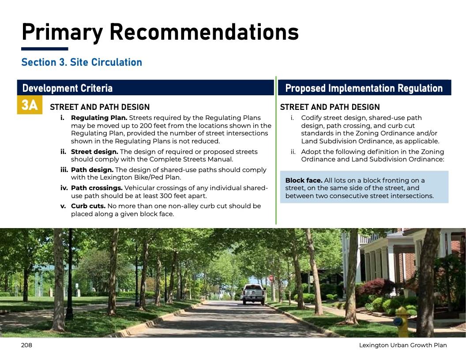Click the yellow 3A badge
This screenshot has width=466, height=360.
coord(30,105)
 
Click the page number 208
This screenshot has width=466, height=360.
coord(26,345)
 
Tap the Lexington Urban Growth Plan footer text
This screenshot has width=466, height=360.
coord(403,345)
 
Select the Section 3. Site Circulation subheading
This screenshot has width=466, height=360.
coord(82,62)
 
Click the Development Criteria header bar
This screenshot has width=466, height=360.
coord(145,88)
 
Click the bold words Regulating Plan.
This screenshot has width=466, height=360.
coord(99,118)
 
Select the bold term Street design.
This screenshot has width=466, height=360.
coord(94,152)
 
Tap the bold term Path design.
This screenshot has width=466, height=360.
coord(92,170)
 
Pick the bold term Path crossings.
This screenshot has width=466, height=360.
coord(97,188)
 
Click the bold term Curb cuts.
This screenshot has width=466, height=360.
coord(88,206)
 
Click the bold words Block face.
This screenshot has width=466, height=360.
coord(304,180)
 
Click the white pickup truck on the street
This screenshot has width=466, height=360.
coord(253,294)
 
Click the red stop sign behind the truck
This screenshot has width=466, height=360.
coord(271,278)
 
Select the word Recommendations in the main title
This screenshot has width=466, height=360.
coord(204,32)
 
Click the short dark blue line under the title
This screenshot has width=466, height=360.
coord(45,49)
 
